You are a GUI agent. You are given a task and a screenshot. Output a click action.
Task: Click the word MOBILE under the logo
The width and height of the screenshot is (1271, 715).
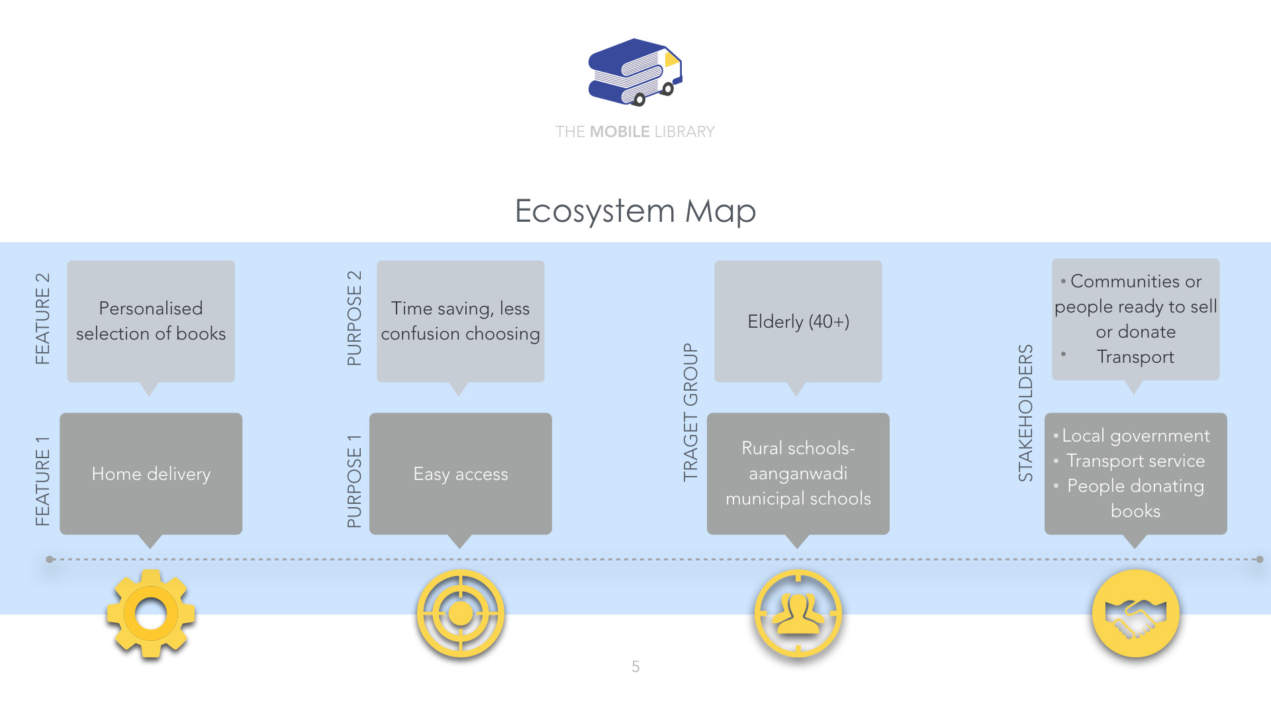620,132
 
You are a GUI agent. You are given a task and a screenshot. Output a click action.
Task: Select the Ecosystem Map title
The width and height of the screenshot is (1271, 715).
635,211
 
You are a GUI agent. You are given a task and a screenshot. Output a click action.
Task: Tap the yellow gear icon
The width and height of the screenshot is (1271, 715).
151,614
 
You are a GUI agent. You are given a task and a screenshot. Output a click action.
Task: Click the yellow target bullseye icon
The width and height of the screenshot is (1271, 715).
461,614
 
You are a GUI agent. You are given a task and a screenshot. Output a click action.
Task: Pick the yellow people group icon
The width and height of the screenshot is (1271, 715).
798,614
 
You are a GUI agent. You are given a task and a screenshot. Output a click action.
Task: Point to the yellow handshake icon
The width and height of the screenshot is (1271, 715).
1135,614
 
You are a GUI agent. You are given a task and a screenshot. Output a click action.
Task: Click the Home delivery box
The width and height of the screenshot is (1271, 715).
151,474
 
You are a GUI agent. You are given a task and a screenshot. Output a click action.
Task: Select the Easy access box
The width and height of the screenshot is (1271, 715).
461,474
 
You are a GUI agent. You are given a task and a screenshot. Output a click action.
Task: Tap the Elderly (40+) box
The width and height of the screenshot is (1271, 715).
798,321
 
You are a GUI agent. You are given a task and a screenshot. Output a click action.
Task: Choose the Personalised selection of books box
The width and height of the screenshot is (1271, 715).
151,321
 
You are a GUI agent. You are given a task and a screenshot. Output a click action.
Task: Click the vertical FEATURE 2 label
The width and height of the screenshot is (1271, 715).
42,318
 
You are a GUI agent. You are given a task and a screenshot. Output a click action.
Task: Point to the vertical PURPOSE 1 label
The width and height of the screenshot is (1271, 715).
354,481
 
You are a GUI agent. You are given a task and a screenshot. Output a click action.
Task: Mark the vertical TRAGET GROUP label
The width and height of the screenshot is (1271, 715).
690,412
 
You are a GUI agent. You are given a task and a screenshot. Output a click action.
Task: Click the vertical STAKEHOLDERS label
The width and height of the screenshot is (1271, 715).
1025,412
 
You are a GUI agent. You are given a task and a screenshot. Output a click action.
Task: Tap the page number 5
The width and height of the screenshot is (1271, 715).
635,667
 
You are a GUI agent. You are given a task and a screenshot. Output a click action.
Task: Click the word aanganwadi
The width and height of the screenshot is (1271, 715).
798,473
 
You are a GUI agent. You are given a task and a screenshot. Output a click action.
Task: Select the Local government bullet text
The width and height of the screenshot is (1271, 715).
1135,436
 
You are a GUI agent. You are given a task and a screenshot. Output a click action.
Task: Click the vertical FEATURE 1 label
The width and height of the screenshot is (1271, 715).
42,481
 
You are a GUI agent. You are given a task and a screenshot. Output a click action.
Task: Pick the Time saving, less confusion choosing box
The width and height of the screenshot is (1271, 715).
461,321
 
